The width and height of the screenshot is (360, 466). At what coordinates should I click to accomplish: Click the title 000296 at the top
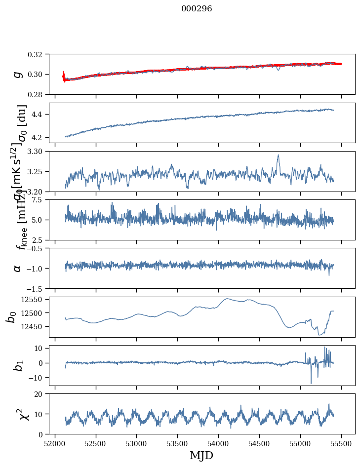click(197, 9)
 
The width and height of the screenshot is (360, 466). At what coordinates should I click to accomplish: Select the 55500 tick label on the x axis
click(342, 443)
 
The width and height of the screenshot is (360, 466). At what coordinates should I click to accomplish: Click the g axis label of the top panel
click(18, 74)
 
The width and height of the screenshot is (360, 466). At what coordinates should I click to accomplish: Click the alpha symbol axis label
click(18, 268)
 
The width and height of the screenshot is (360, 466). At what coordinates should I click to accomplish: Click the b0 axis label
click(11, 317)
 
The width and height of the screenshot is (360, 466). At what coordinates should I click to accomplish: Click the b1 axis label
click(18, 365)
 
